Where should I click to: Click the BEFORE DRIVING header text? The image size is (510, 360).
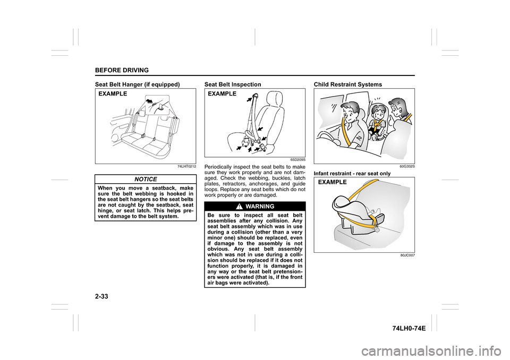[x=121, y=71]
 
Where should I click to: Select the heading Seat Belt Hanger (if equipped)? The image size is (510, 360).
[x=137, y=84]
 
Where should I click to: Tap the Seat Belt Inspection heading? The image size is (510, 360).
[x=233, y=84]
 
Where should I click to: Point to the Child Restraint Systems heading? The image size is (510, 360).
[x=348, y=84]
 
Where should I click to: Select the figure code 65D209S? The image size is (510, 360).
[x=297, y=159]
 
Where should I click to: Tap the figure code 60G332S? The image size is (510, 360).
[x=407, y=167]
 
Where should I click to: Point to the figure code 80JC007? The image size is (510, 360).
[x=408, y=255]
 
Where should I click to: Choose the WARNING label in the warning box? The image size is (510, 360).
[x=259, y=206]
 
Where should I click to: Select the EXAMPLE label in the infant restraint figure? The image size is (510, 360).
[x=333, y=182]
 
